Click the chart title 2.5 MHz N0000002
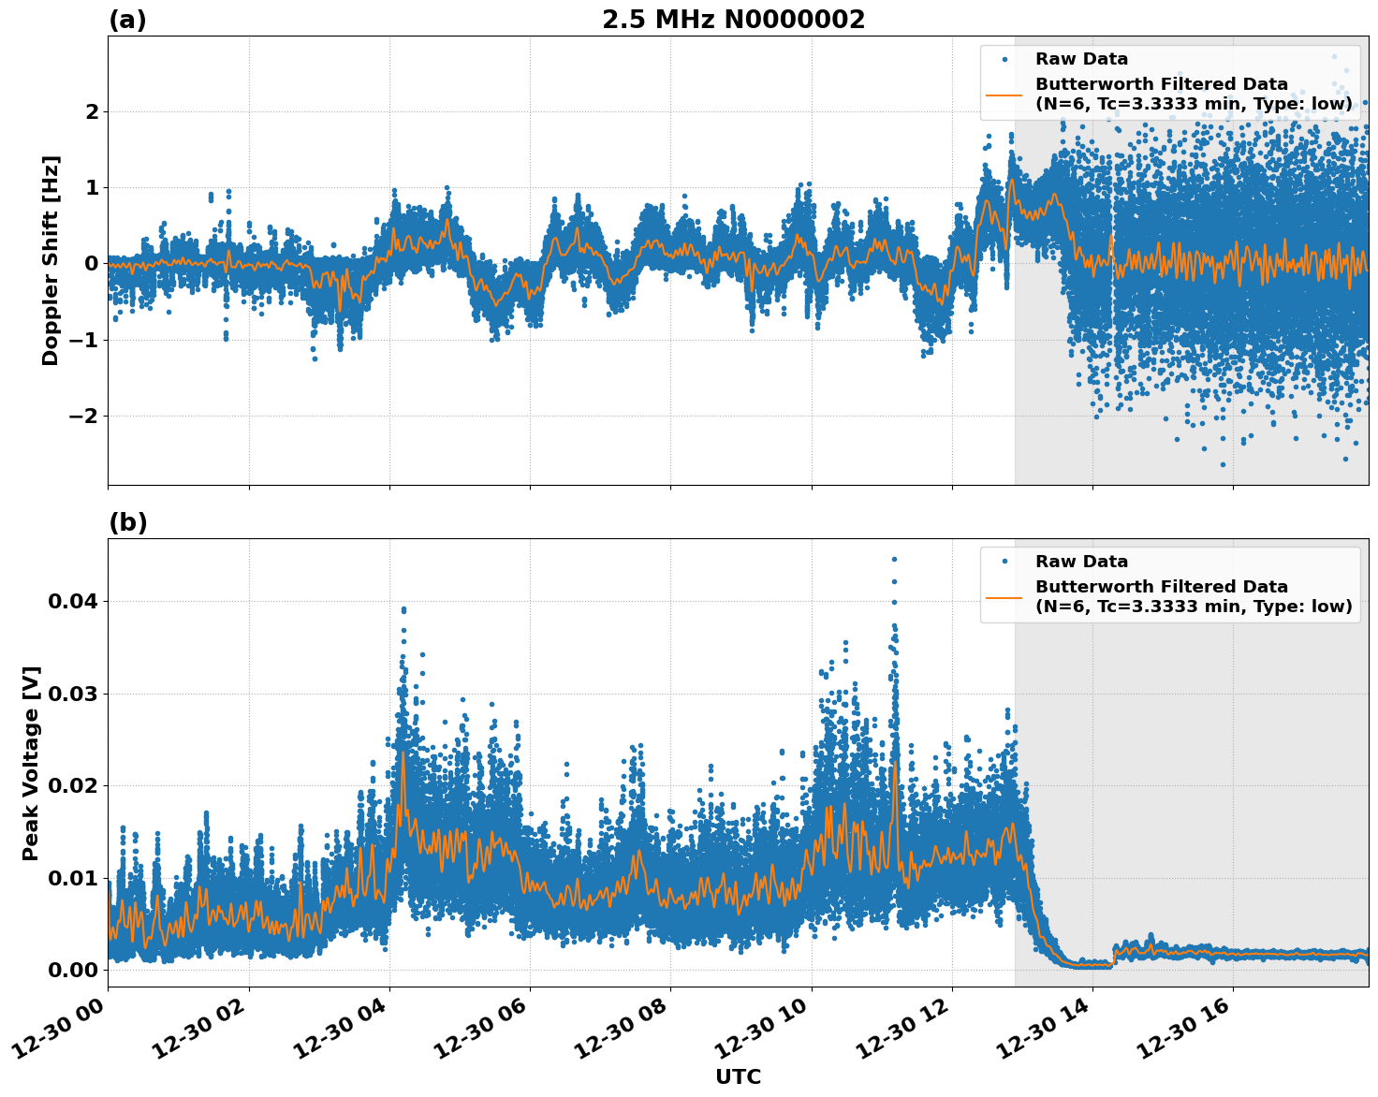click(733, 20)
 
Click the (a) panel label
click(127, 20)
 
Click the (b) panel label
click(127, 522)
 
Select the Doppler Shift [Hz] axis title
click(51, 260)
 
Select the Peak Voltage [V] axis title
click(31, 763)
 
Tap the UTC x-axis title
click(738, 1076)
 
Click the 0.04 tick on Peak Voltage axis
click(73, 601)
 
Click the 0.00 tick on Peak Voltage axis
click(73, 970)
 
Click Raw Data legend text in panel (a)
click(1081, 60)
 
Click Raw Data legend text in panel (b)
click(1081, 562)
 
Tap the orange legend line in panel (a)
click(1004, 94)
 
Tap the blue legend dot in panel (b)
click(1004, 562)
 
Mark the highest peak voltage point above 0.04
click(894, 559)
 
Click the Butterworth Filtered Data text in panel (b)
click(1161, 587)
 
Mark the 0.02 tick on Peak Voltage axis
click(73, 785)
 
